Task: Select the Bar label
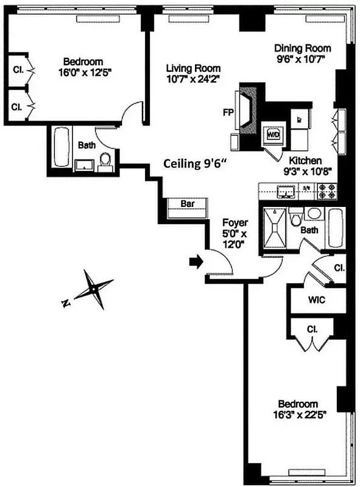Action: tap(188, 205)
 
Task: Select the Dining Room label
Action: tap(302, 48)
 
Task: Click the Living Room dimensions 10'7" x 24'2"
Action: tap(193, 79)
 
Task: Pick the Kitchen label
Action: tap(302, 160)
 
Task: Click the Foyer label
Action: tap(233, 223)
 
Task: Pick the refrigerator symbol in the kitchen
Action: tap(300, 119)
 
